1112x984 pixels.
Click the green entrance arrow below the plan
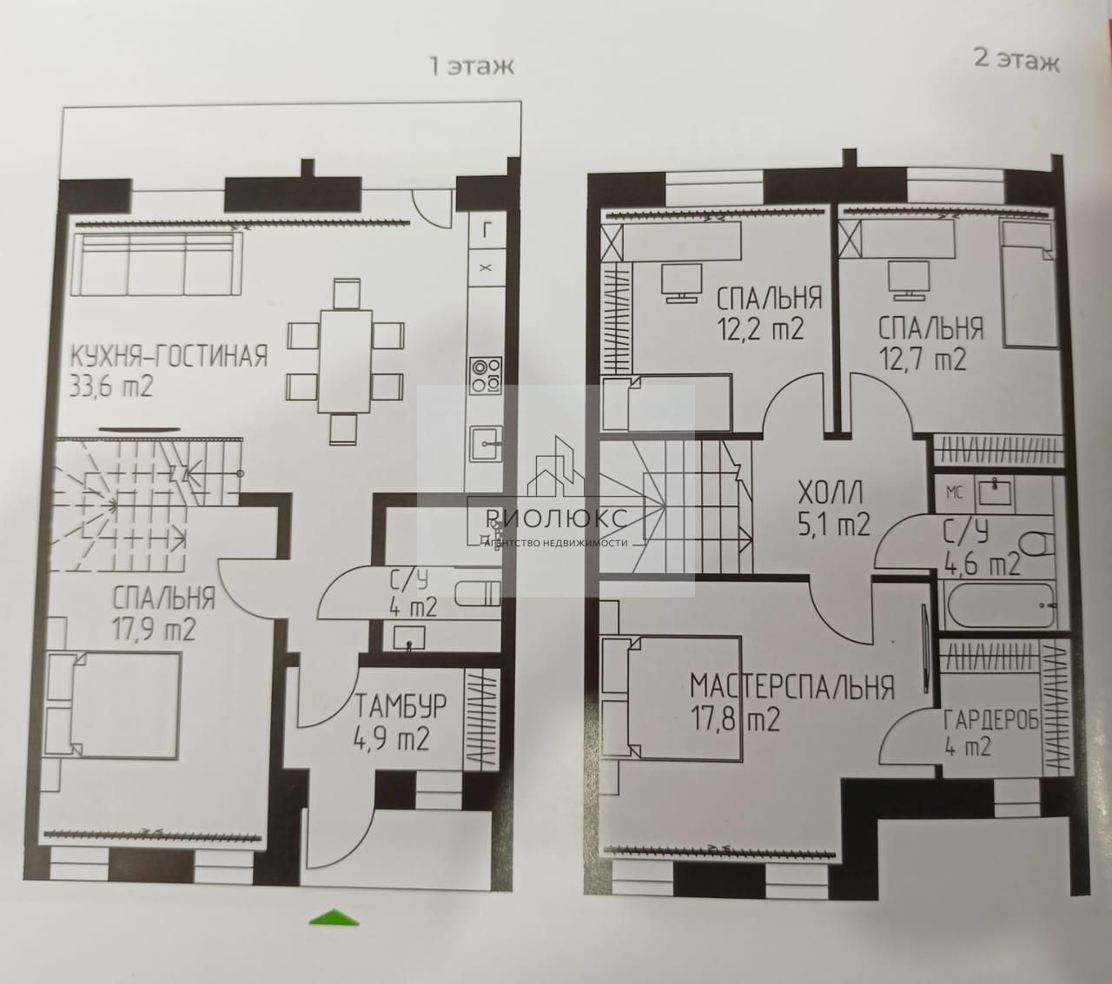[x=334, y=915]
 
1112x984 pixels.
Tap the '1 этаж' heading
[x=472, y=66]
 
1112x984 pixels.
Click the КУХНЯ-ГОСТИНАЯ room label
[x=169, y=356]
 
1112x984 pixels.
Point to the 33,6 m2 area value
[x=111, y=386]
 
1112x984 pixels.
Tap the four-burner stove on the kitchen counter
[x=486, y=375]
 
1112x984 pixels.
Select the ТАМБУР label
[x=400, y=708]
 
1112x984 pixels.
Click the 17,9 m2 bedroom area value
[x=154, y=630]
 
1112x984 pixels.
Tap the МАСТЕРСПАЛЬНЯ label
[x=792, y=686]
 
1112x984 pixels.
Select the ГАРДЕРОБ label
[x=990, y=720]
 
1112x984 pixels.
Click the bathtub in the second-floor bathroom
[x=1001, y=604]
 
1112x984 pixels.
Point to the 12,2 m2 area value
[x=759, y=329]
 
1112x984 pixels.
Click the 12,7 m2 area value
[x=923, y=360]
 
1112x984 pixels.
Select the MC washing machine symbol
[x=956, y=492]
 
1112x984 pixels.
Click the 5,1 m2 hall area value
[x=832, y=525]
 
